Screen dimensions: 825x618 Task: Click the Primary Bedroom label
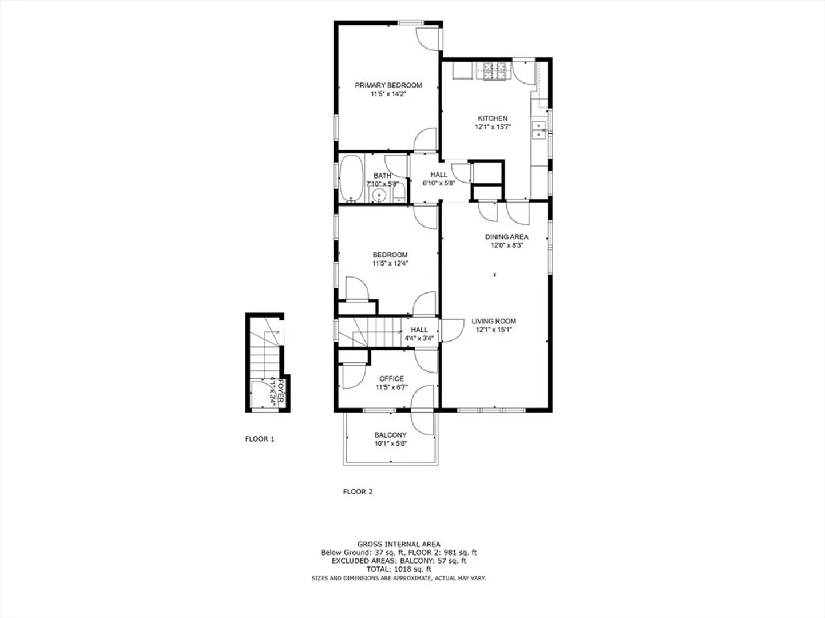[388, 85]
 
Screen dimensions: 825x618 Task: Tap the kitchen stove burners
[494, 71]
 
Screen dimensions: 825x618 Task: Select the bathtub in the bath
[351, 178]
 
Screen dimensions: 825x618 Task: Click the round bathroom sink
[380, 195]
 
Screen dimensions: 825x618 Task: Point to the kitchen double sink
[539, 130]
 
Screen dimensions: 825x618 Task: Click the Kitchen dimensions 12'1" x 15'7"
[493, 127]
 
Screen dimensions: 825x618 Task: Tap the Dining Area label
[507, 237]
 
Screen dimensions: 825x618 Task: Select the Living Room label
[494, 321]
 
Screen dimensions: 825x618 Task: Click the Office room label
[392, 379]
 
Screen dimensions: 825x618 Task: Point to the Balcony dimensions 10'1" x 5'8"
[391, 443]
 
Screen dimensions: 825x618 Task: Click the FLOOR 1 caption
[260, 439]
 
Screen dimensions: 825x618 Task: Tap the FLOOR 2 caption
[358, 492]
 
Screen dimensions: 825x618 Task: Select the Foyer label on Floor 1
[281, 391]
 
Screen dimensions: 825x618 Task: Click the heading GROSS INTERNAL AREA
[399, 544]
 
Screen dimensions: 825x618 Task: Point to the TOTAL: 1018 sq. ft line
[399, 569]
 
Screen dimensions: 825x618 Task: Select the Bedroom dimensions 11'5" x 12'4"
[390, 263]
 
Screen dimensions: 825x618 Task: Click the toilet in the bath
[398, 192]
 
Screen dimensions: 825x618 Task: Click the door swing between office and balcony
[422, 410]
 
